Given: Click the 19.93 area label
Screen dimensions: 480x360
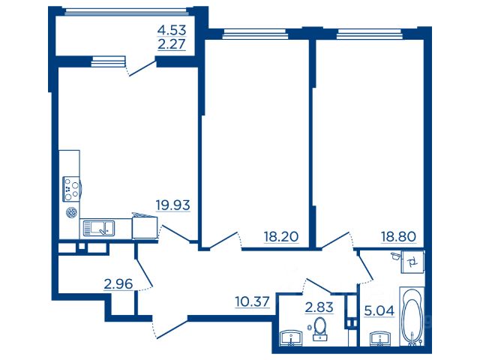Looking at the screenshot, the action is tap(173, 205).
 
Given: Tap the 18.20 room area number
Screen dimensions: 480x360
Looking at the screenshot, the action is tap(281, 237).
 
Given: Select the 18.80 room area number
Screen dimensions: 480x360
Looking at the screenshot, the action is tap(398, 237).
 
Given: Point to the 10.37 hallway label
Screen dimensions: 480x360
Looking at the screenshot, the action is tap(253, 301).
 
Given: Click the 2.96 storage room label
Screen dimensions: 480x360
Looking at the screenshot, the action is tap(118, 284).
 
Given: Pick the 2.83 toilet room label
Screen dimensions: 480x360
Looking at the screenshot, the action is tap(319, 307).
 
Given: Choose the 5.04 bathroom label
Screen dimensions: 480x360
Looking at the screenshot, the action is tap(379, 311).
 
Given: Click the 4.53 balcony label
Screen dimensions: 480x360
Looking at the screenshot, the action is tap(172, 30).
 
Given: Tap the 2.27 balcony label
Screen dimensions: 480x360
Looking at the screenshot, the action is tap(172, 44).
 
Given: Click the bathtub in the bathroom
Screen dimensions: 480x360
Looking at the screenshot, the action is tap(412, 316).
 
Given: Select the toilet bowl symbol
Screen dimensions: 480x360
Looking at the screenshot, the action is tap(320, 328).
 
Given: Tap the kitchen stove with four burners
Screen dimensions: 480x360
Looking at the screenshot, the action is tap(72, 189).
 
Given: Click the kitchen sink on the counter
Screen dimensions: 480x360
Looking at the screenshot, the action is tap(98, 228).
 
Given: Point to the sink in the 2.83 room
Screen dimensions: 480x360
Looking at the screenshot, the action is tap(291, 338).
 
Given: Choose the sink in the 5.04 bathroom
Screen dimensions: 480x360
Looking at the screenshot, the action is tap(381, 338).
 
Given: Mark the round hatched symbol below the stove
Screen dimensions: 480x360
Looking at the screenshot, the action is tap(72, 212).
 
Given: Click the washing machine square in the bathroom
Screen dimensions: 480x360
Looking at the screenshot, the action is tap(413, 262).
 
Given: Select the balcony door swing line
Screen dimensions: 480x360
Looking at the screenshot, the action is tap(143, 68).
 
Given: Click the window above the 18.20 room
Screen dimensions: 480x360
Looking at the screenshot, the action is tap(255, 33).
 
